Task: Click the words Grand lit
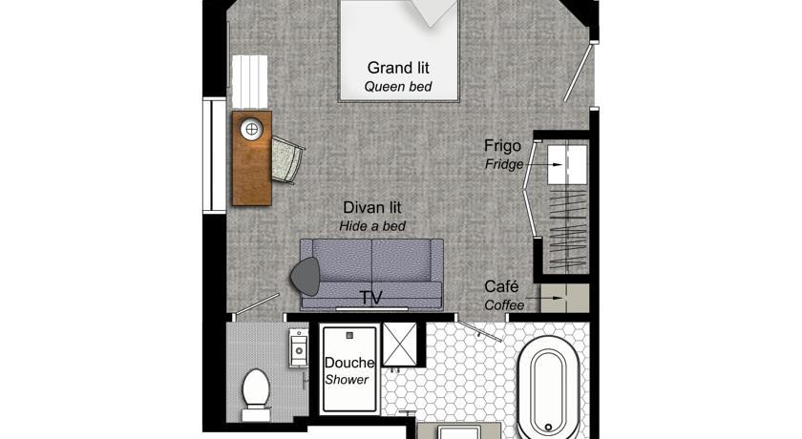398,68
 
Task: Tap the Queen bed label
398,87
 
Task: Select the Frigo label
502,146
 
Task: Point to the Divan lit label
371,207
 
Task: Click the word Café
501,286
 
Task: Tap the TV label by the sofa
370,298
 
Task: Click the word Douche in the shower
349,363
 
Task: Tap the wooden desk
252,158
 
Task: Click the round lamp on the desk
252,129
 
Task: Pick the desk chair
287,160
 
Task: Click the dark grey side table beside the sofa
306,277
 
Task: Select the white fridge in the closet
567,164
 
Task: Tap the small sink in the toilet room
299,348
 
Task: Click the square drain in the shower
349,336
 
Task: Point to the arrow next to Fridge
544,164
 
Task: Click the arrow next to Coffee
545,298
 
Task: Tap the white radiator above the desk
250,82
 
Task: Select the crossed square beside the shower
400,344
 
